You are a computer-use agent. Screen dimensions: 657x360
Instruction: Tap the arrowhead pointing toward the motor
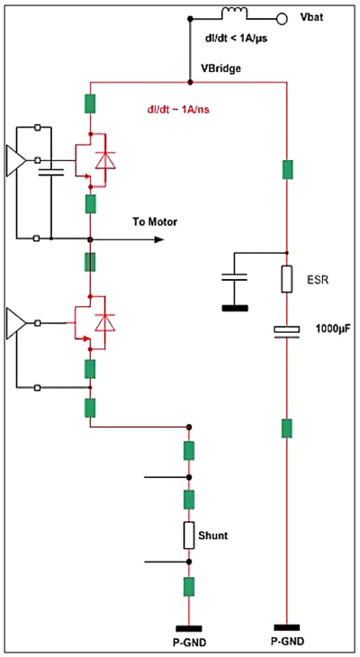159,239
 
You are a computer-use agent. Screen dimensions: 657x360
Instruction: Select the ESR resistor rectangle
286,279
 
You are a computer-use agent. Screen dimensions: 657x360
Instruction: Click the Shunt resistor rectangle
189,535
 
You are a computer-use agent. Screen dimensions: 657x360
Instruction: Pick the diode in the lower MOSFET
106,322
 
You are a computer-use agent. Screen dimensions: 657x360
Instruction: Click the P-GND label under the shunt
189,643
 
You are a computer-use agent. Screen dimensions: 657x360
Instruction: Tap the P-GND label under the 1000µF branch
286,643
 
